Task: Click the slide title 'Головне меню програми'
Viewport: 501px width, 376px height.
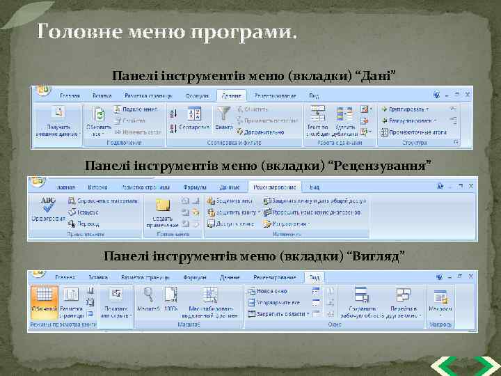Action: [166, 32]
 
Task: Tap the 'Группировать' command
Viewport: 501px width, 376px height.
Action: [408, 109]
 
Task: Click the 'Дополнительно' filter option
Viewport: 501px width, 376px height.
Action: [260, 131]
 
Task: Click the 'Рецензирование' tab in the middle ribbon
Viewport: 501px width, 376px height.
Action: [276, 187]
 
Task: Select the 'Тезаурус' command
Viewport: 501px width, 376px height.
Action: [84, 212]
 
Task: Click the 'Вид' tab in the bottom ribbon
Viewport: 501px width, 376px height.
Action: [315, 276]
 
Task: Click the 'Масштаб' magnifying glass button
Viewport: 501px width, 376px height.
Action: [148, 299]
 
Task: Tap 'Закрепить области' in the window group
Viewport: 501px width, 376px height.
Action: [278, 314]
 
